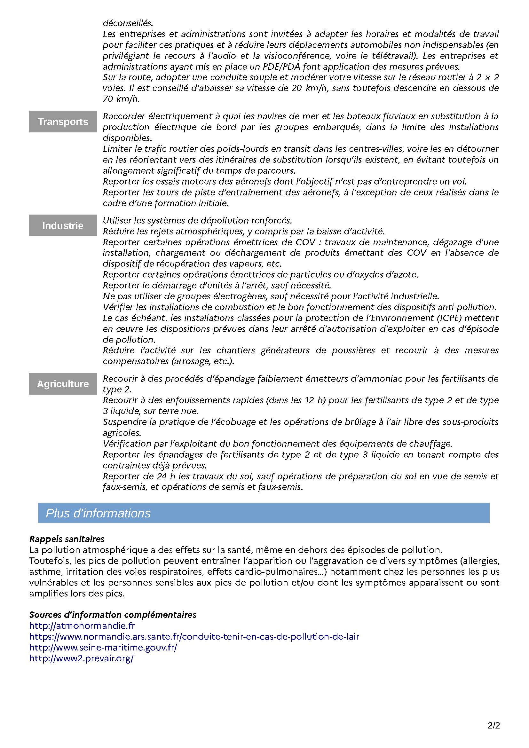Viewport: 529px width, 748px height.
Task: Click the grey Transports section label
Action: (63, 122)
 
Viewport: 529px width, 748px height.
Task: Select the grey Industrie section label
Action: (63, 225)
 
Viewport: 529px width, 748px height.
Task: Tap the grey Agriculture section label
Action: (63, 384)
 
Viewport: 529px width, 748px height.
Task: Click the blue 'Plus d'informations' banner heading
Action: (98, 513)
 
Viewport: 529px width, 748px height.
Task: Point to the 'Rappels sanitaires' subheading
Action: (67, 539)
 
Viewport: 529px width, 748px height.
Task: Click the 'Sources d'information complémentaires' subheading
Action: (113, 615)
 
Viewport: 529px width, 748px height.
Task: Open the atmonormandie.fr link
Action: (82, 626)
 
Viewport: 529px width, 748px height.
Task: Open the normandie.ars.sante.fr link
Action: (194, 636)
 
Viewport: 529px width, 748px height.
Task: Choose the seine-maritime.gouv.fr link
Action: (103, 647)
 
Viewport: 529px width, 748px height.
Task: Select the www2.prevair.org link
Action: (82, 658)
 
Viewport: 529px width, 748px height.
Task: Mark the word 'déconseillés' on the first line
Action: (128, 23)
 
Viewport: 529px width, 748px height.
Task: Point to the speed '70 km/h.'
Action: (121, 99)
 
